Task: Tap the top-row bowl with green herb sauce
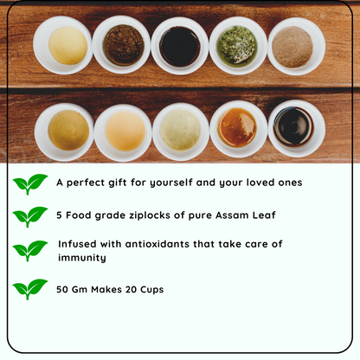[237, 45]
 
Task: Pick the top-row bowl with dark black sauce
[179, 45]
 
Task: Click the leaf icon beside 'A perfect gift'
[30, 184]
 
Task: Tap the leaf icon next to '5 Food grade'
[30, 217]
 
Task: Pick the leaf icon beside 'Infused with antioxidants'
[30, 251]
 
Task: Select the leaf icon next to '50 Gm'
[30, 289]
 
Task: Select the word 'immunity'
[83, 258]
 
